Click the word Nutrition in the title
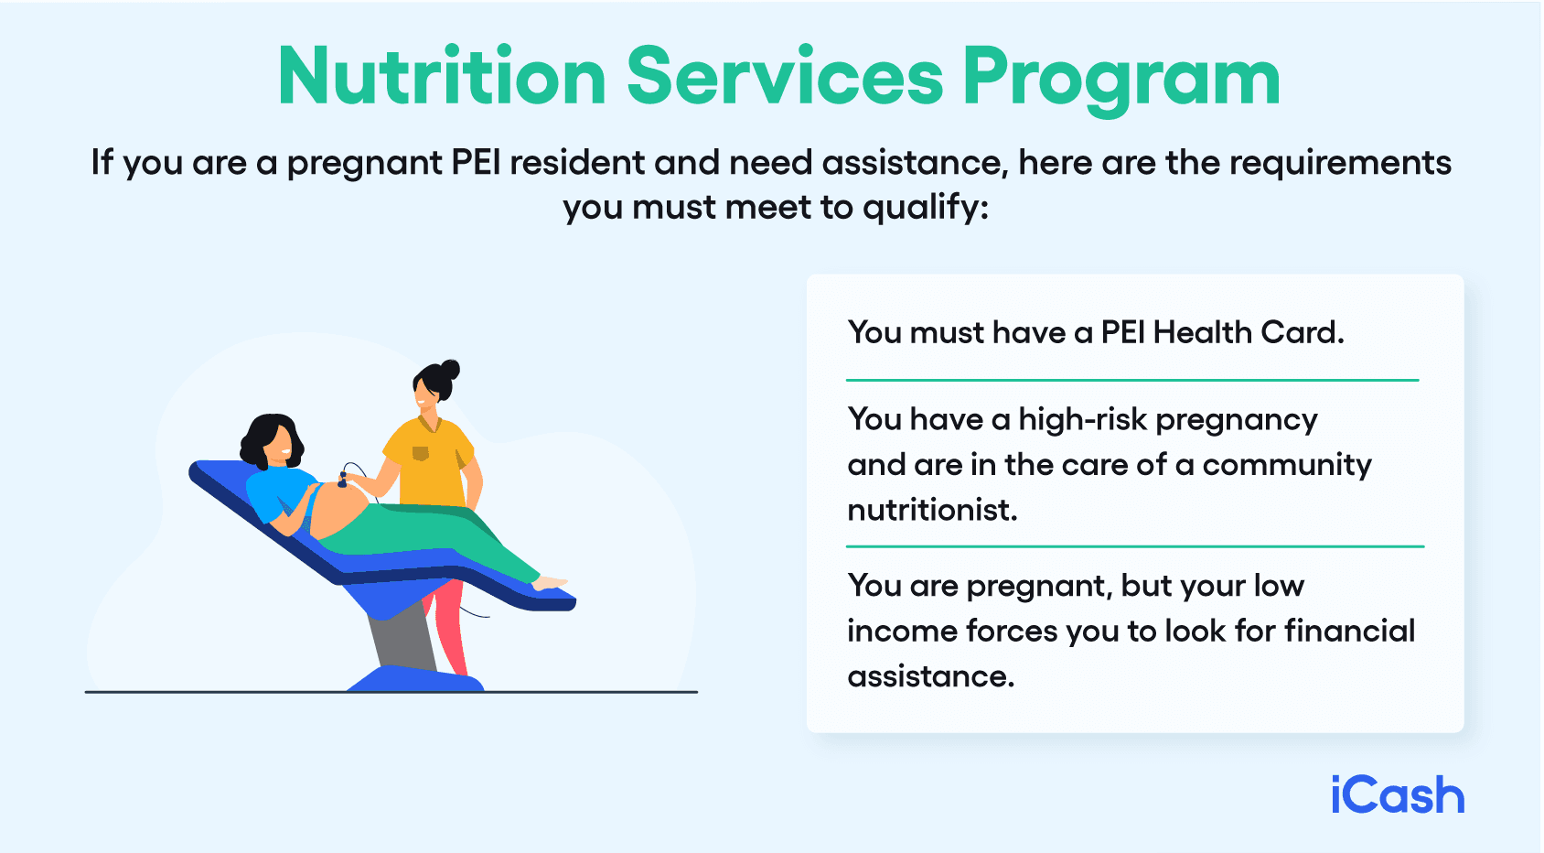point(442,77)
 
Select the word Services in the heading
point(784,77)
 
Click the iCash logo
point(1397,795)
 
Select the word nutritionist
point(931,510)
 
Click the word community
point(1286,465)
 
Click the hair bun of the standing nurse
point(449,370)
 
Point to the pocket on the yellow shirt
point(421,453)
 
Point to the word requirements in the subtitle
point(1340,163)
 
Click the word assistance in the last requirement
point(930,676)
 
